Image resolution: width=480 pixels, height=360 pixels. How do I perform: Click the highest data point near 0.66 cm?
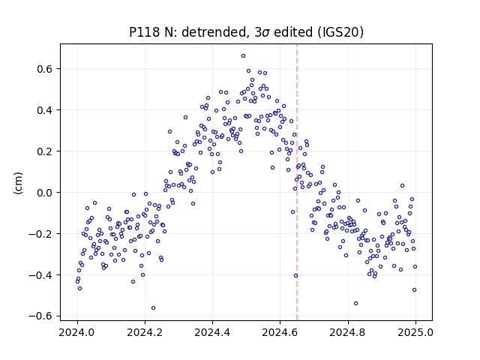pyautogui.click(x=243, y=56)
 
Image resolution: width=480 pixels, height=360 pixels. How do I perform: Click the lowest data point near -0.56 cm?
pyautogui.click(x=153, y=308)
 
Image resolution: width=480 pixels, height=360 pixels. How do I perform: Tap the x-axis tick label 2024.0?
pyautogui.click(x=77, y=332)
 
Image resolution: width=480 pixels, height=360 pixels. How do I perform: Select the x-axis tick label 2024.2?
pyautogui.click(x=145, y=332)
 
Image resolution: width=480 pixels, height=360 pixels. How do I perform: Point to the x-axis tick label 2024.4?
pyautogui.click(x=212, y=332)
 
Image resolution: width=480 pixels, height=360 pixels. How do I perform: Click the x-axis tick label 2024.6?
pyautogui.click(x=280, y=332)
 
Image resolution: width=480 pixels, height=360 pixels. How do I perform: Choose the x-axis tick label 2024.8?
pyautogui.click(x=348, y=332)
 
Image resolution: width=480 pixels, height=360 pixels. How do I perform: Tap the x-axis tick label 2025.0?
pyautogui.click(x=415, y=332)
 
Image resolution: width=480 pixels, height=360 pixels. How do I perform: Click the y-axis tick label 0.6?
pyautogui.click(x=45, y=69)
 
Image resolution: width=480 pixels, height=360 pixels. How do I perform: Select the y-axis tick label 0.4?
pyautogui.click(x=45, y=110)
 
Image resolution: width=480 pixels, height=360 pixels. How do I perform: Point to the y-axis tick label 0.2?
pyautogui.click(x=45, y=151)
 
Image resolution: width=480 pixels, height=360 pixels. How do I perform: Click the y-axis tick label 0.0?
pyautogui.click(x=45, y=193)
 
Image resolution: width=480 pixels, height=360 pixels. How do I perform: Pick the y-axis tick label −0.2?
pyautogui.click(x=40, y=234)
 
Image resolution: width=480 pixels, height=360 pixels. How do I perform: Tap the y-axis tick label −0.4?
pyautogui.click(x=40, y=275)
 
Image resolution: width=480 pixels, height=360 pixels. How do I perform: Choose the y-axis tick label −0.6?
pyautogui.click(x=40, y=316)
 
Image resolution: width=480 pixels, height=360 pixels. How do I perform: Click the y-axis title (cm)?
pyautogui.click(x=18, y=183)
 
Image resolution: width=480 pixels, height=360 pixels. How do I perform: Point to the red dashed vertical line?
pyautogui.click(x=297, y=182)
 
